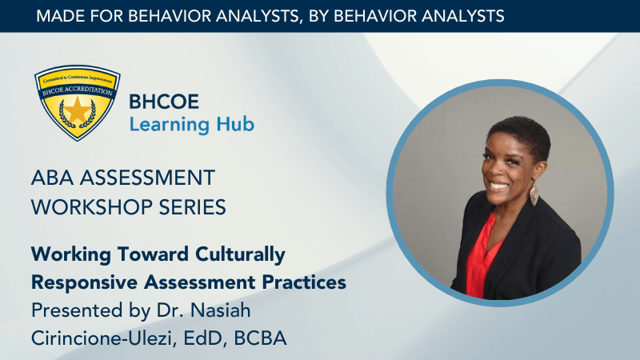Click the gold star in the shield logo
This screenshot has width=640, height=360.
(77, 110)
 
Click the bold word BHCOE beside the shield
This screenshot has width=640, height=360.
(164, 102)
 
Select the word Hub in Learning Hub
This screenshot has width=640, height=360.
(235, 124)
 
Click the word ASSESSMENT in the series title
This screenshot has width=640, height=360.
(147, 178)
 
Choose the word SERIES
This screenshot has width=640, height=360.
(192, 207)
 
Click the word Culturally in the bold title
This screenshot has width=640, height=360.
(241, 254)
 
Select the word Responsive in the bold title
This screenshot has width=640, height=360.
(85, 283)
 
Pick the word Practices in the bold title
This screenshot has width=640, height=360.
(304, 282)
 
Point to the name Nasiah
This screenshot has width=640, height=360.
(221, 310)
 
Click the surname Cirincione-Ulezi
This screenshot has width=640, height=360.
(103, 338)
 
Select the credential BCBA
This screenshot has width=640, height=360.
(261, 338)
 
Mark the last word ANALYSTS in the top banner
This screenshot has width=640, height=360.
(463, 16)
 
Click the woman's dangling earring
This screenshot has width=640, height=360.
(534, 194)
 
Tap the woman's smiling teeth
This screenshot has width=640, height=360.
(498, 186)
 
